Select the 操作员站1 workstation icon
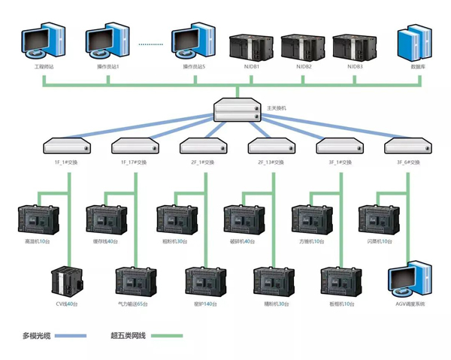(108, 44)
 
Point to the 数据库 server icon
(415, 44)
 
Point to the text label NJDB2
(304, 66)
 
